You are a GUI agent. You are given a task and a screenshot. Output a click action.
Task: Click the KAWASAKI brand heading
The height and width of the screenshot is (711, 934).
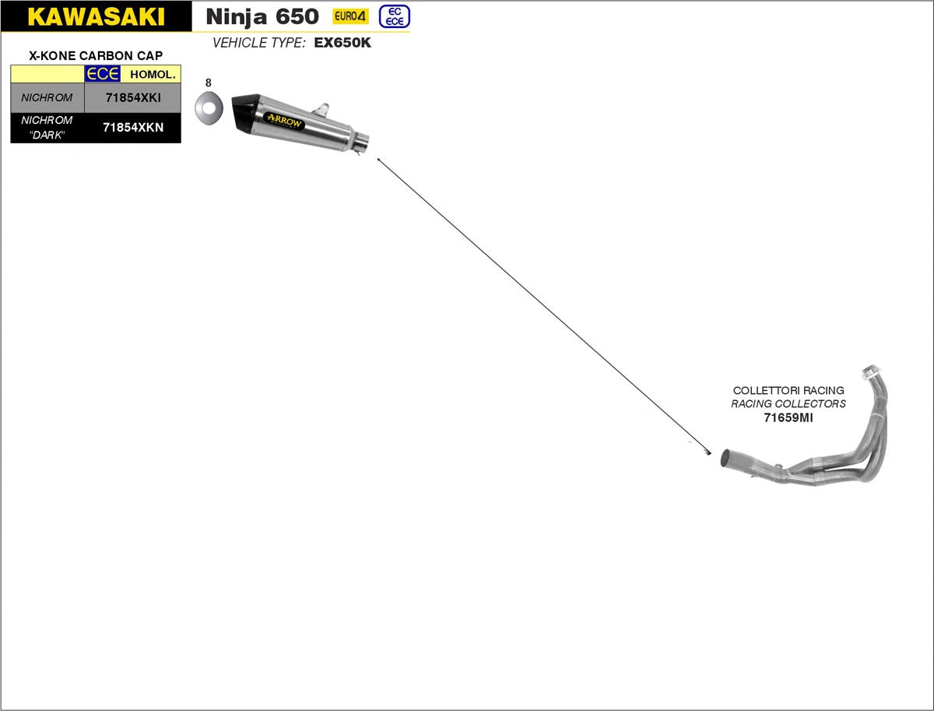96,16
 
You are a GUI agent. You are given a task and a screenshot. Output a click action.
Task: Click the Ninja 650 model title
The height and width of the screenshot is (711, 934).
262,16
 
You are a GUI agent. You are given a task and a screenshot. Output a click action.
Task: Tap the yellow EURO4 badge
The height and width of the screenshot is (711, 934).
350,16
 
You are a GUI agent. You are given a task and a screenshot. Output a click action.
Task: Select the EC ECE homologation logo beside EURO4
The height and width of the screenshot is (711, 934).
395,16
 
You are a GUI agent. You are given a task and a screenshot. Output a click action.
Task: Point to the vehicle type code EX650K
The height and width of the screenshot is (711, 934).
342,43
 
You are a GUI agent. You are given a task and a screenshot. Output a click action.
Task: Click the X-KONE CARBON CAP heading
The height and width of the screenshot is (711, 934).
96,56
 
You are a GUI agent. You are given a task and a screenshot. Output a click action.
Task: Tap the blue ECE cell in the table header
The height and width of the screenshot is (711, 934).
102,74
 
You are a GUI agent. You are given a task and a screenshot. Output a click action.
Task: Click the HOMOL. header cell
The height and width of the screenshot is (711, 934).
153,74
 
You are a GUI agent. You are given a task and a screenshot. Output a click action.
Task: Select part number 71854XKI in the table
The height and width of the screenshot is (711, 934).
132,98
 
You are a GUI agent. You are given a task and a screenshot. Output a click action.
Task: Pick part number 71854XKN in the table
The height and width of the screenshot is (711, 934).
133,128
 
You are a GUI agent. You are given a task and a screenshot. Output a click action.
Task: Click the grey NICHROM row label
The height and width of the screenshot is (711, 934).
47,98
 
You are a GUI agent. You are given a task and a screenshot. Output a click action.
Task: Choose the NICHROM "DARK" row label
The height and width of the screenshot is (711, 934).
47,128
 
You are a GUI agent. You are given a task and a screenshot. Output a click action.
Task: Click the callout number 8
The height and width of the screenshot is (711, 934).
208,82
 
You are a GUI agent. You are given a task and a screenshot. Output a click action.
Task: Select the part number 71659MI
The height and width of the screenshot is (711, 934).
788,417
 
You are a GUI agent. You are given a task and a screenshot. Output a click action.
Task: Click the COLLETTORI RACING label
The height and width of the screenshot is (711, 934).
788,390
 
